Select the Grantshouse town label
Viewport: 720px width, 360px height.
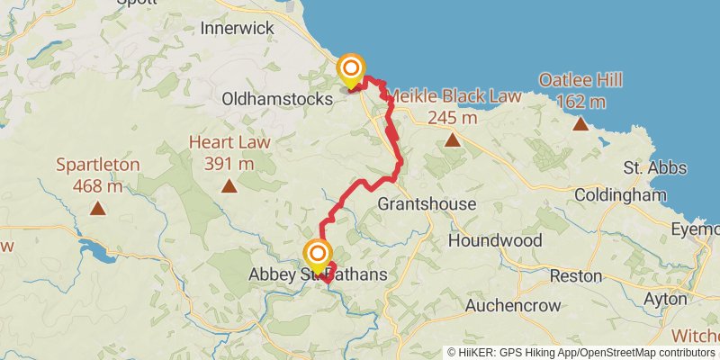click(427, 204)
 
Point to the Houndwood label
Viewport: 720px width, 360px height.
click(494, 240)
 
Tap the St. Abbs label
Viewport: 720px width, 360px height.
click(654, 168)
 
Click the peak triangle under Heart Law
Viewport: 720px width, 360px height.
click(229, 186)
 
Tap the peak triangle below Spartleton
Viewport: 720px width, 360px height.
click(97, 209)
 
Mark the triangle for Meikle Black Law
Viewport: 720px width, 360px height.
click(452, 139)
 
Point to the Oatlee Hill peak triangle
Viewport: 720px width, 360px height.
click(580, 123)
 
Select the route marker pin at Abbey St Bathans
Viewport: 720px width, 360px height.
click(317, 256)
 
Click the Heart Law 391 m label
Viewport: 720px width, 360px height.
click(229, 153)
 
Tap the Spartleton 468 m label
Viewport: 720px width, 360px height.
click(97, 175)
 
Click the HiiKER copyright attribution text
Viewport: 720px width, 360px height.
click(581, 352)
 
